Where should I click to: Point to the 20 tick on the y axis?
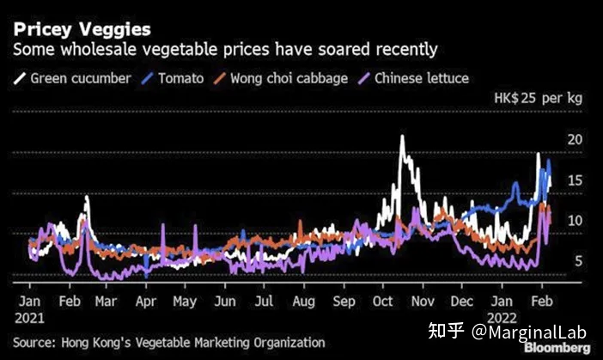[x=576, y=139]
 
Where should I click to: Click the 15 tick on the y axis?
[x=576, y=180]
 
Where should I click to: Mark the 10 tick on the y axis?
[x=576, y=220]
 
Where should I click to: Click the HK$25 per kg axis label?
[x=538, y=99]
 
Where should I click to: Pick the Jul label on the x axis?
[x=265, y=302]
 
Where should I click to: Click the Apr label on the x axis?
[x=146, y=302]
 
